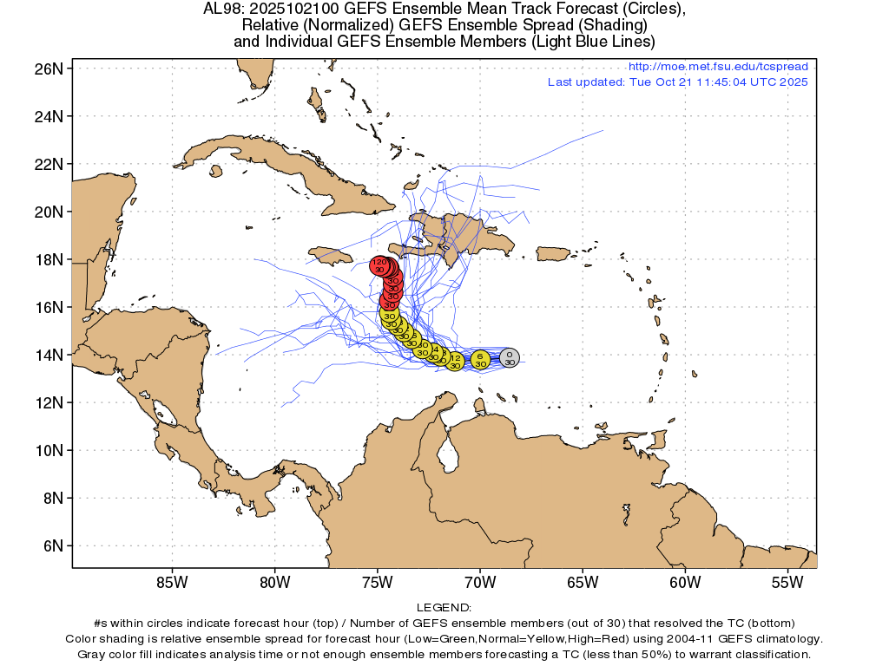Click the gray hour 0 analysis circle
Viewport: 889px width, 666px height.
(x=510, y=357)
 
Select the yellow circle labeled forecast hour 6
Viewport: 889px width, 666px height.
(x=480, y=359)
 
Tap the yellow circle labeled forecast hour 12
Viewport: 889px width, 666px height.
(x=455, y=361)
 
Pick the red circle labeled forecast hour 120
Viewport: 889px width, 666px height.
(x=379, y=265)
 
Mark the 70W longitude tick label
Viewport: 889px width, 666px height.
(x=479, y=582)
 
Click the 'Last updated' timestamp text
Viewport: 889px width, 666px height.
(x=677, y=82)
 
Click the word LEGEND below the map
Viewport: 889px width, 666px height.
(x=444, y=607)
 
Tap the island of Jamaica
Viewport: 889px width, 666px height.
(x=331, y=255)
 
